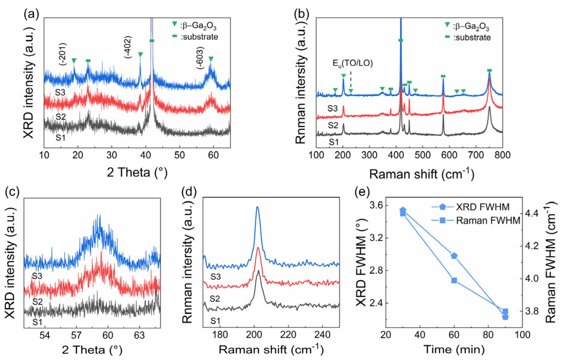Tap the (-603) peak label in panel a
click(200, 58)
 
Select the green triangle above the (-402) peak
click(141, 54)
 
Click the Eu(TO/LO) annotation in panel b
click(352, 63)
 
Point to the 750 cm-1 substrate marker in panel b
click(489, 70)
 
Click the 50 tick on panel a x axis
click(179, 155)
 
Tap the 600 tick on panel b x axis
click(449, 155)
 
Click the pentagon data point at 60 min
click(454, 256)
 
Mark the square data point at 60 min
click(454, 280)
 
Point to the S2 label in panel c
click(38, 302)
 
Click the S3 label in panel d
click(216, 277)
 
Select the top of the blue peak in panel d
click(257, 207)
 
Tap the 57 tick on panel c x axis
click(76, 335)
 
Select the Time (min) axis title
click(454, 349)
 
